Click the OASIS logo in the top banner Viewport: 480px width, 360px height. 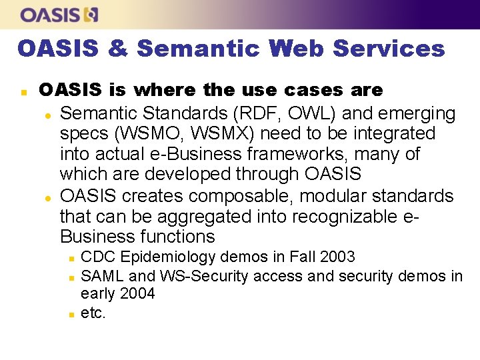pyautogui.click(x=59, y=14)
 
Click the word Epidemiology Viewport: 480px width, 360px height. pyautogui.click(x=164, y=257)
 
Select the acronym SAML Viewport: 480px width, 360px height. pyautogui.click(x=103, y=275)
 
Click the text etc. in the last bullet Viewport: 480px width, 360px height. pyautogui.click(x=93, y=313)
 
